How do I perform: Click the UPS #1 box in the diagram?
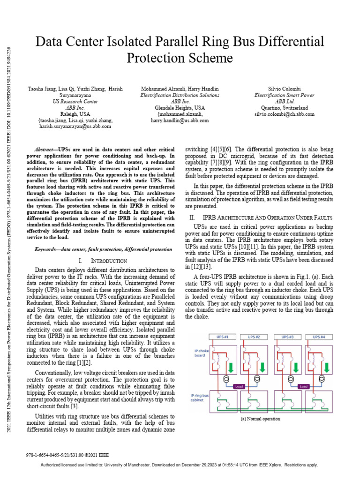coord(223,337)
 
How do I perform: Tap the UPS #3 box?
coord(287,337)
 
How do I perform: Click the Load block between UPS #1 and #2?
coord(239,387)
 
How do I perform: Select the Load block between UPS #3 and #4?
coord(304,387)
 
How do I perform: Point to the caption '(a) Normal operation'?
coord(260,419)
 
